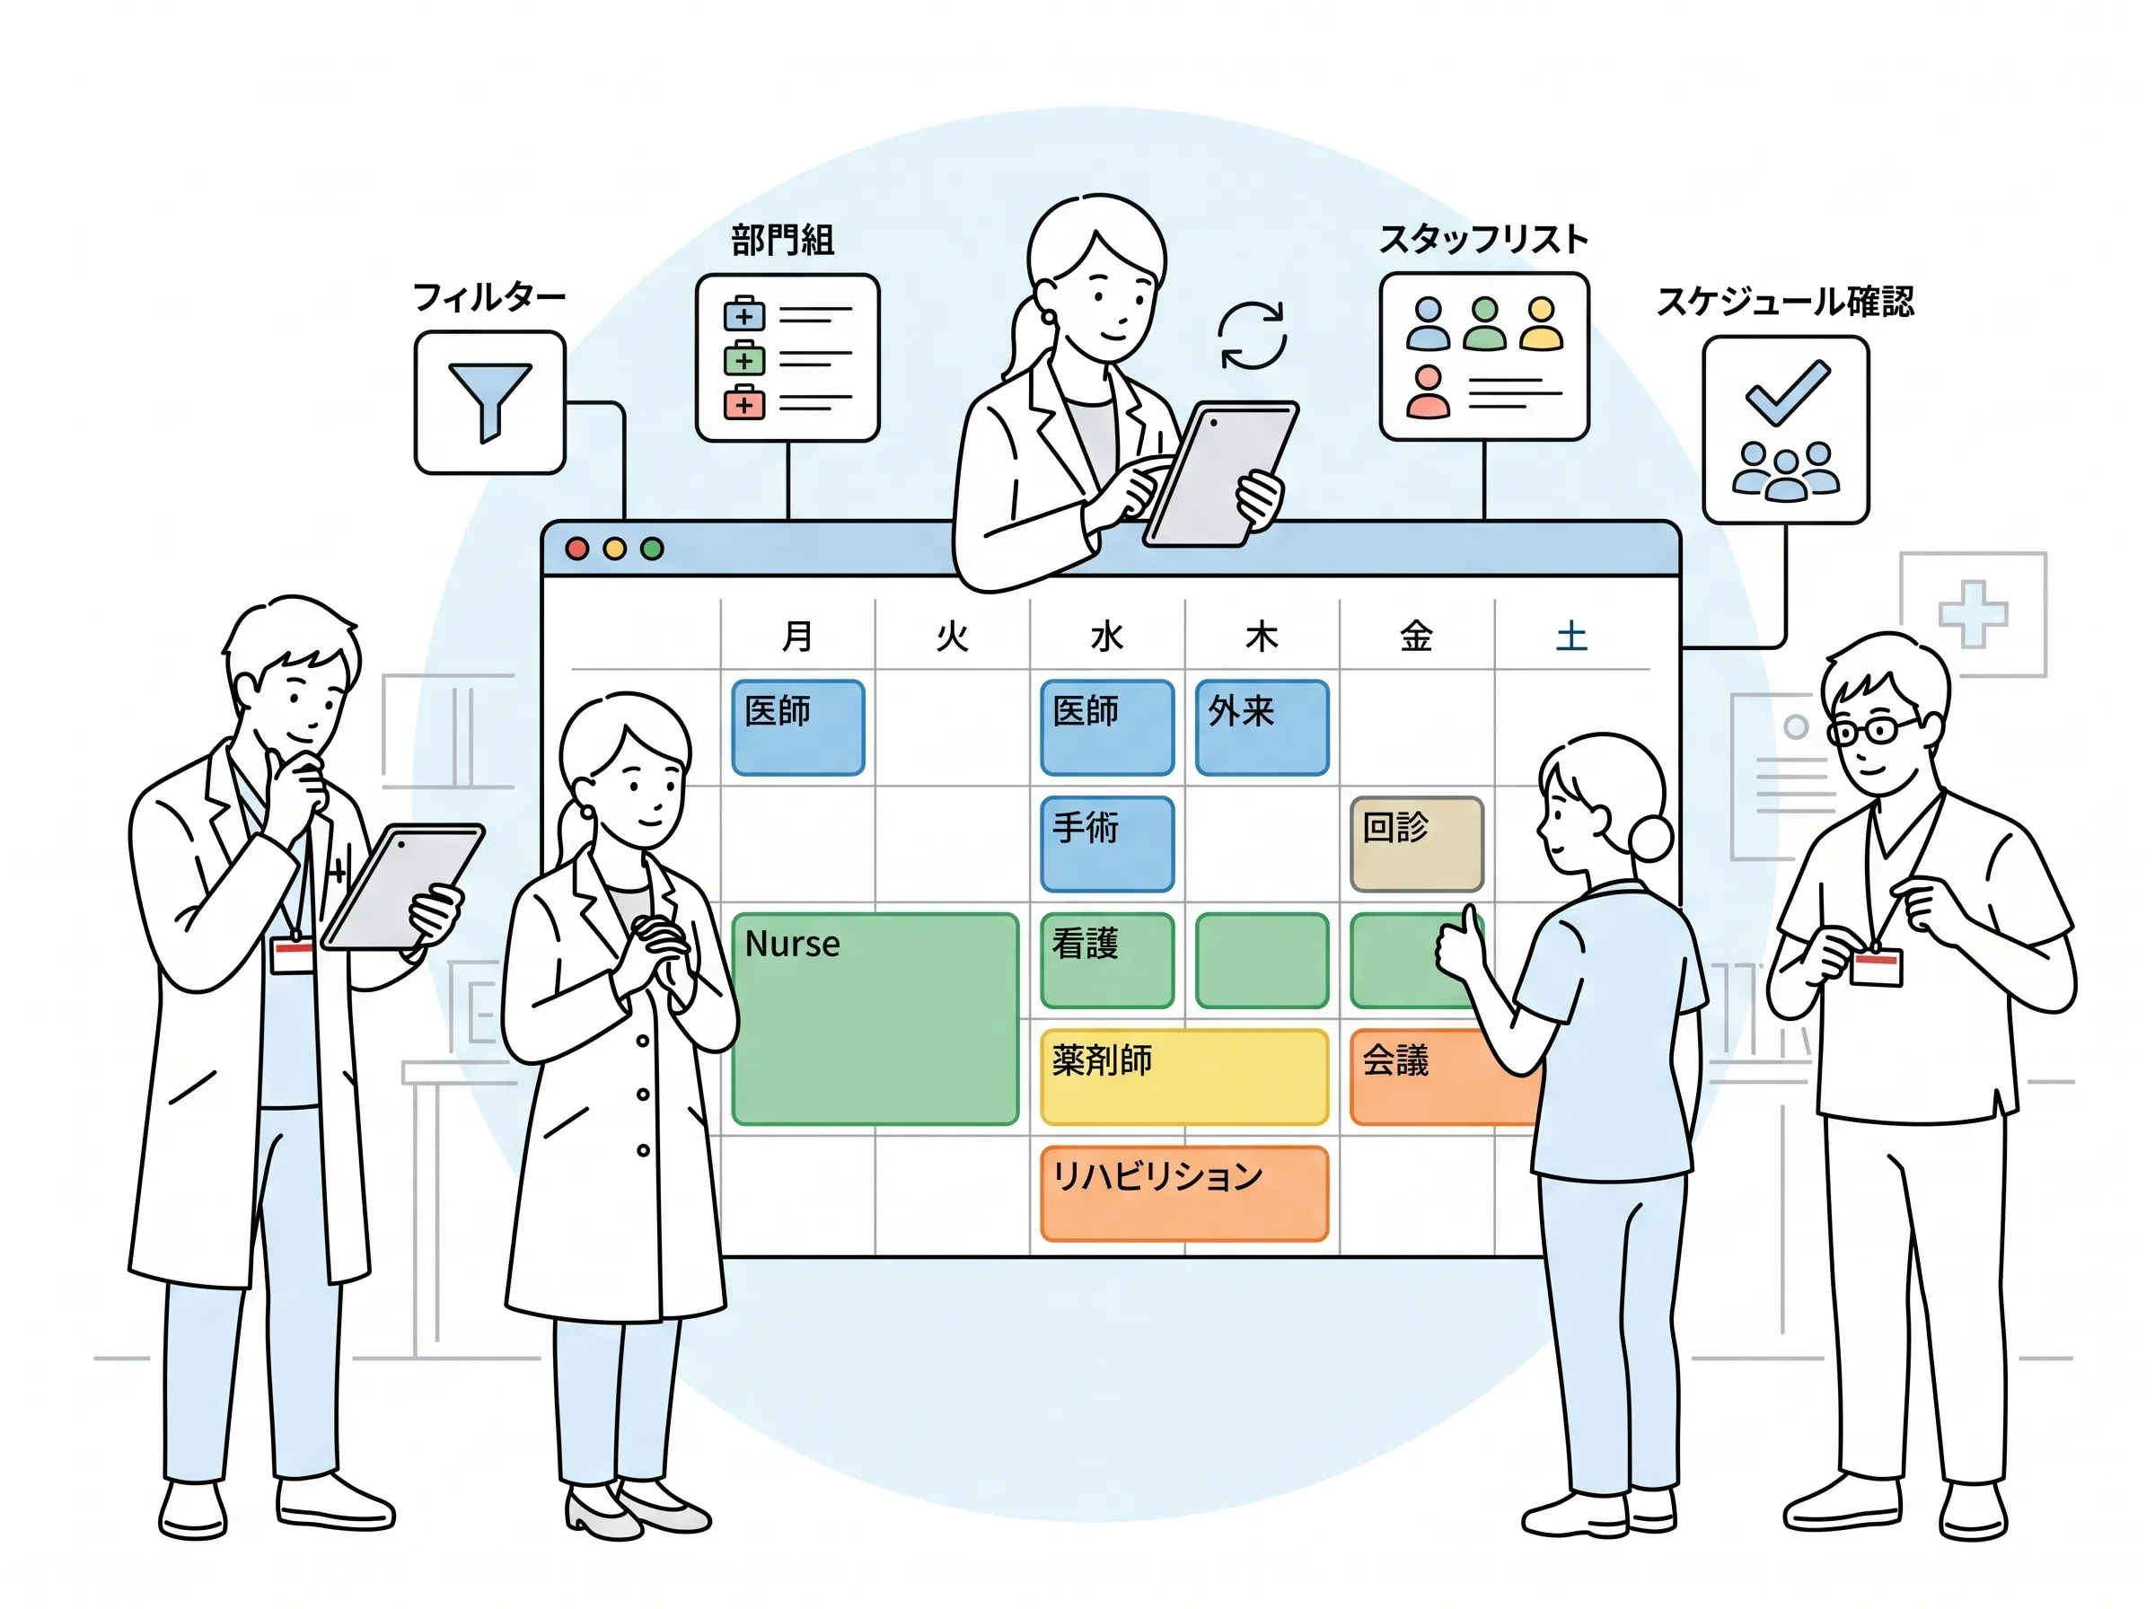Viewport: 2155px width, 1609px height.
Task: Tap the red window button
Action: pos(576,550)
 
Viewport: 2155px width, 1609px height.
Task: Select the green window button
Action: pos(653,550)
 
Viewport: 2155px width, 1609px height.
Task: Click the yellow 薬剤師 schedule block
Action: pos(1184,1077)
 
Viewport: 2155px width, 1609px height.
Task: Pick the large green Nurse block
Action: pos(875,1019)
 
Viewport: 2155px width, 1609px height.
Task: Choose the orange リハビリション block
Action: pos(1184,1194)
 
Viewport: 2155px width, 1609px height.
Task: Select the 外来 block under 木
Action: pos(1262,727)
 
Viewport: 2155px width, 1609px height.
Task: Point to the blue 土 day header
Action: pos(1571,637)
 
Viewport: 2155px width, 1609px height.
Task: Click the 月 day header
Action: pos(797,637)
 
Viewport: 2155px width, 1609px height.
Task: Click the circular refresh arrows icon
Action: pos(1253,335)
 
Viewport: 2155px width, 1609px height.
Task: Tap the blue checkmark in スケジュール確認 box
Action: pos(1788,391)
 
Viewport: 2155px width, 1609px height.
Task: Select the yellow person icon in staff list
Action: pos(1542,323)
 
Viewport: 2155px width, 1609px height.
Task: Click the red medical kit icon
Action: pos(744,402)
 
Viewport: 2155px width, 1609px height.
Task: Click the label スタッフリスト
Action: pos(1483,240)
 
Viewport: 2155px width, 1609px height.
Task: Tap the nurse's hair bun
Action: pos(1649,838)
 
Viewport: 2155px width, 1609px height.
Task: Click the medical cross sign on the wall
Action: pos(1973,614)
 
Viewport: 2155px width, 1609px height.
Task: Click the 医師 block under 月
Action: pos(797,727)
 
